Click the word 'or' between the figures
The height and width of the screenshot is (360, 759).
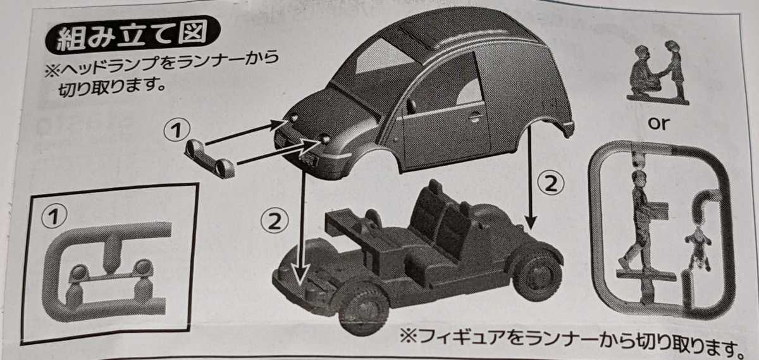[658, 123]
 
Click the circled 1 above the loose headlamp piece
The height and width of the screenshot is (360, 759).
[177, 131]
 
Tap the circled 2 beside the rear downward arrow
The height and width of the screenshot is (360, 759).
[550, 183]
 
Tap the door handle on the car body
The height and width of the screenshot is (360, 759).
[474, 116]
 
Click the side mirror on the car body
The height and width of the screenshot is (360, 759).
[411, 106]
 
